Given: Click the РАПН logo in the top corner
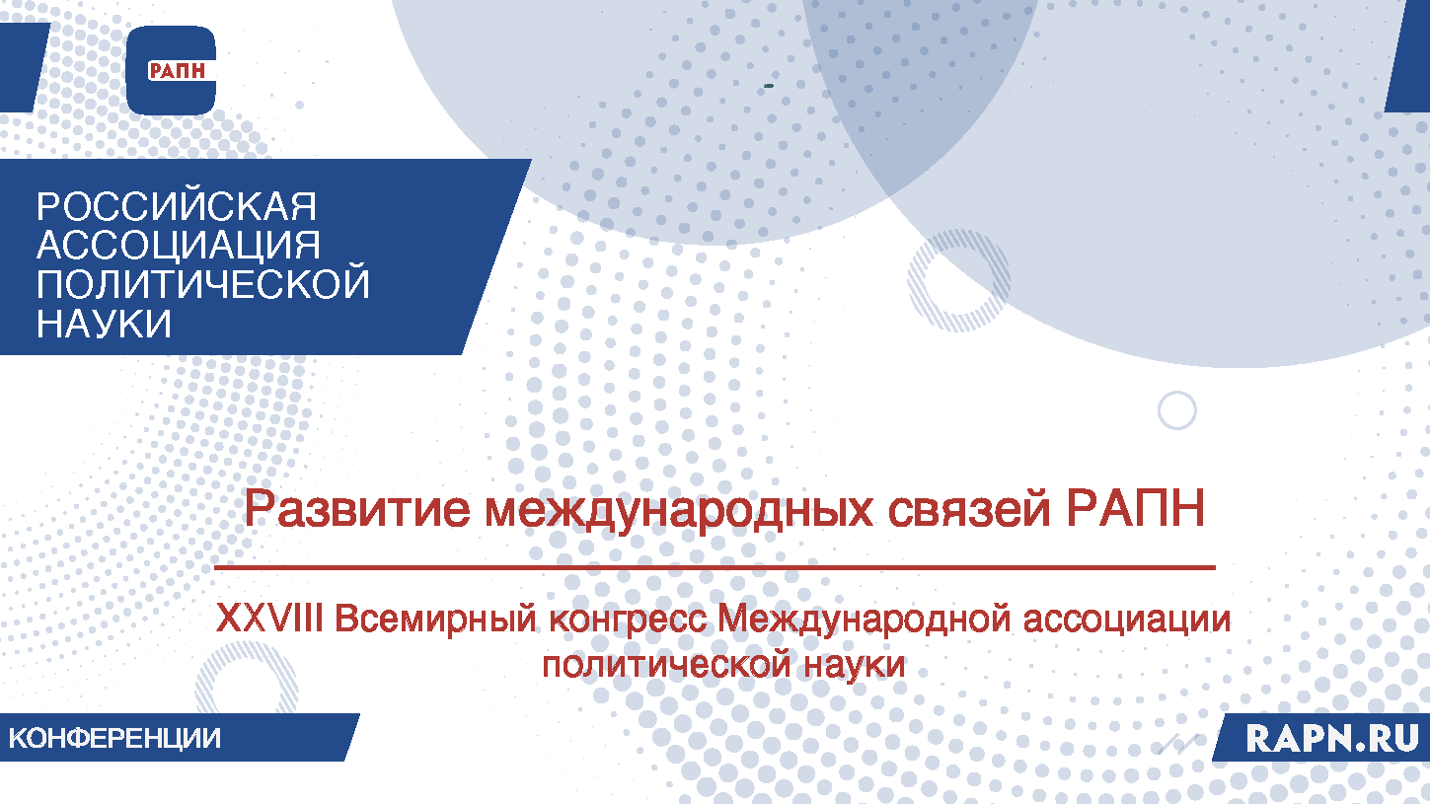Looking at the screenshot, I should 171,70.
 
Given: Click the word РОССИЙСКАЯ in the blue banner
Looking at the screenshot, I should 177,207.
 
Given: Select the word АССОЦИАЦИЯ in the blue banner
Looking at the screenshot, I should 179,246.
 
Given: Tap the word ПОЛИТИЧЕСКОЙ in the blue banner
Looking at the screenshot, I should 203,284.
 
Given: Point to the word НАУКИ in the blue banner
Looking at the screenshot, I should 104,323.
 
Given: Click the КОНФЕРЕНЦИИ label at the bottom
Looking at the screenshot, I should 115,738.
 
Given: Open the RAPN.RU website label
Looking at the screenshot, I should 1332,738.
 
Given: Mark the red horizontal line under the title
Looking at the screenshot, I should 715,568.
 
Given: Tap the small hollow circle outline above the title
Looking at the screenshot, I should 1176,409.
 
